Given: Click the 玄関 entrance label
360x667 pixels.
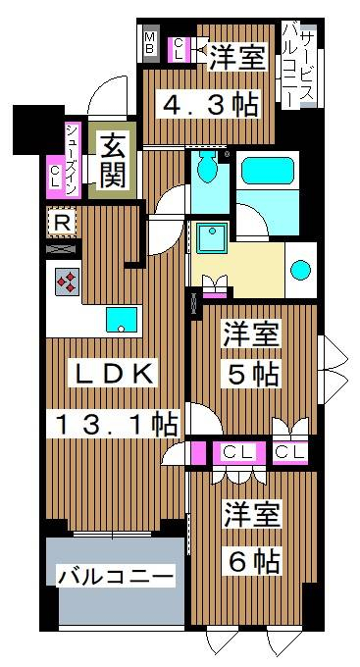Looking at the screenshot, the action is (x=113, y=161).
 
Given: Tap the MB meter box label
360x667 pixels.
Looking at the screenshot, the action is (x=150, y=43).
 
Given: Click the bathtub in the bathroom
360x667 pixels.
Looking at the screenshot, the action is (x=267, y=171).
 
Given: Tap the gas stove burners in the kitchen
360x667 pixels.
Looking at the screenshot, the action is (x=68, y=282).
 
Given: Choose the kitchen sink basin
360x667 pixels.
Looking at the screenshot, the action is (x=122, y=320).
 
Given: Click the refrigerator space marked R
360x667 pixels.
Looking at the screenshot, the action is (x=63, y=223).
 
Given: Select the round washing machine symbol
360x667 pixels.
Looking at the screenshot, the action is (x=301, y=270).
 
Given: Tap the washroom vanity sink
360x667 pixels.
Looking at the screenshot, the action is (x=211, y=239).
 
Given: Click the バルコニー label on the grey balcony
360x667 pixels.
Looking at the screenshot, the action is (x=116, y=578).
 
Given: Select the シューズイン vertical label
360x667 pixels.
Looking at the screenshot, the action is (x=73, y=159).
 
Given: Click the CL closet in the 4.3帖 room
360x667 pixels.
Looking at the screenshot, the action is (x=180, y=49).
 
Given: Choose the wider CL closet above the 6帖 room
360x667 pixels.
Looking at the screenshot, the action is (x=237, y=452).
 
